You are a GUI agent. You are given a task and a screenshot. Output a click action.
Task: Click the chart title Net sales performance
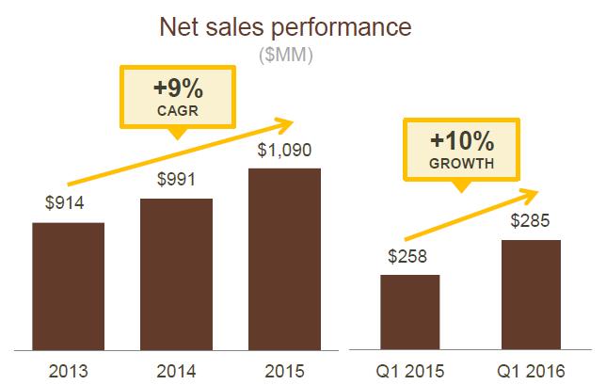pyautogui.click(x=286, y=25)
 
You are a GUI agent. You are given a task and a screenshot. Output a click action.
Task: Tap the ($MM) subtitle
pyautogui.click(x=286, y=56)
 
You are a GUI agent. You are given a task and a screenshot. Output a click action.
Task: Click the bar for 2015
pyautogui.click(x=284, y=256)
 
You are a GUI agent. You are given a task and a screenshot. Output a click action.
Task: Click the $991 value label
pyautogui.click(x=175, y=179)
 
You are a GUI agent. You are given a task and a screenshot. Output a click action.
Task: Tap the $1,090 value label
pyautogui.click(x=284, y=149)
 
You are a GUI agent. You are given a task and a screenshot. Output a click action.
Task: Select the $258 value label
pyautogui.click(x=409, y=255)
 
